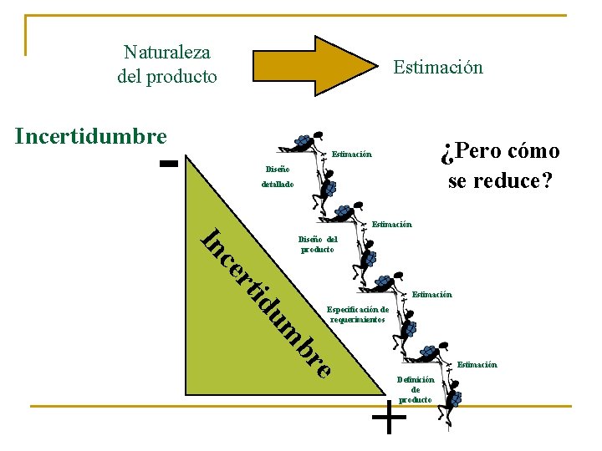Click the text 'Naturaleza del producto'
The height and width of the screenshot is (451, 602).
167,65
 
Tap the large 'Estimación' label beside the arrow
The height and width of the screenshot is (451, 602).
438,67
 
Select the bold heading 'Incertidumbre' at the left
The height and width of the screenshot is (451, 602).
91,136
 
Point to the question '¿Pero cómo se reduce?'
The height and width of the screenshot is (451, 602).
501,165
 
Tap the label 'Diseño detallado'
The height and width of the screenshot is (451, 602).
278,175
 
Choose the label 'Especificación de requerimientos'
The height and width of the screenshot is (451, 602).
358,314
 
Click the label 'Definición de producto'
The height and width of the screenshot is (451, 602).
416,389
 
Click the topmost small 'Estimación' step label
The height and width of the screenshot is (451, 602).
351,155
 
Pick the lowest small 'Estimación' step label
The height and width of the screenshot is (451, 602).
477,364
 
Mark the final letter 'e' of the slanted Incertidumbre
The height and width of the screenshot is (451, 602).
324,367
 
